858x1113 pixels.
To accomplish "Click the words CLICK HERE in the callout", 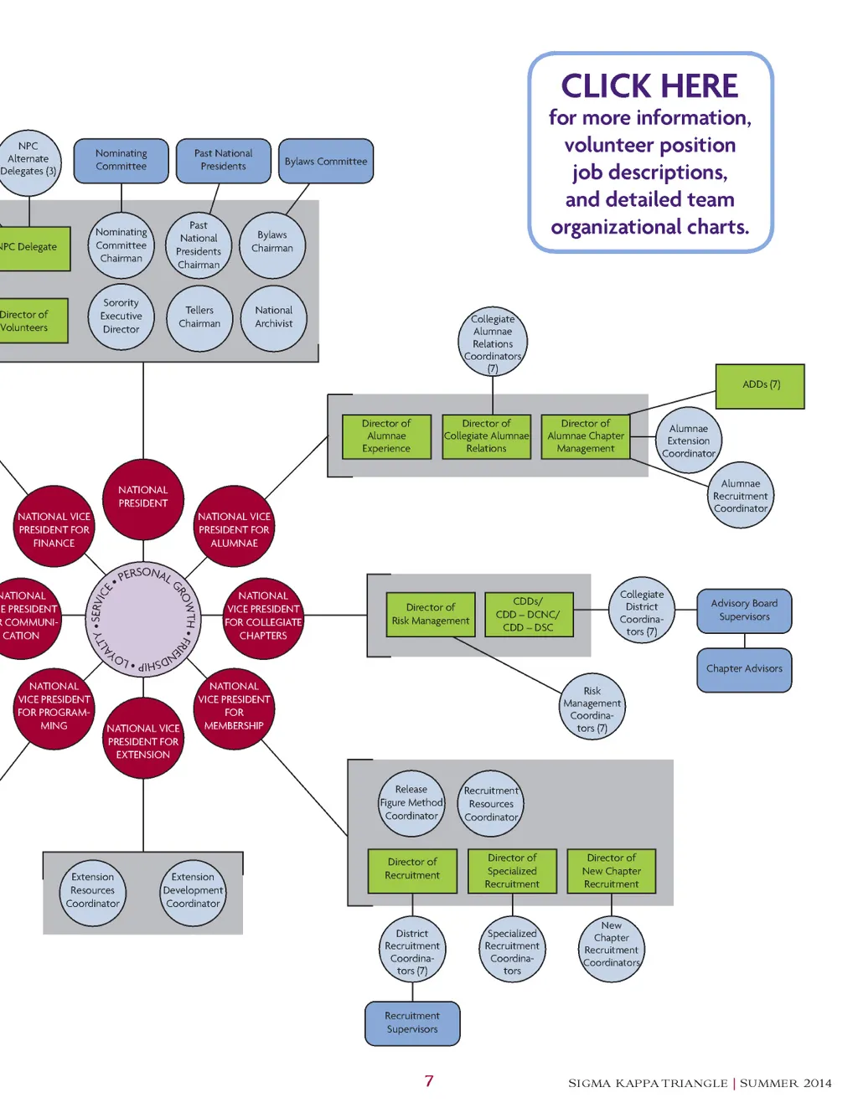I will [x=649, y=86].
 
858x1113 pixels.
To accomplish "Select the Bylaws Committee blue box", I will [x=325, y=161].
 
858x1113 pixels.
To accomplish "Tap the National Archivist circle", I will [x=274, y=317].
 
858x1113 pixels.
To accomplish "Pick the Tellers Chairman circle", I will [x=199, y=317].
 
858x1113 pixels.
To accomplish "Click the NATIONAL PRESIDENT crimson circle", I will [x=143, y=497].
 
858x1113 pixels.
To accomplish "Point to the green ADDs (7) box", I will [x=760, y=385].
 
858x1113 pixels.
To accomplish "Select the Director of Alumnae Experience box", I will [x=386, y=436].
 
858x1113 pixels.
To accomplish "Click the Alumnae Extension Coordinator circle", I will [x=689, y=441].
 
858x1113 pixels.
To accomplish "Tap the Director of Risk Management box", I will [x=431, y=614].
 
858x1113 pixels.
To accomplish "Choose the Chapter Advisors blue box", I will [x=744, y=669].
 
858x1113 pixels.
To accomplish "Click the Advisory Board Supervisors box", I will [x=744, y=611].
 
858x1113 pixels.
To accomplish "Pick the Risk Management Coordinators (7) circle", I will [x=592, y=709].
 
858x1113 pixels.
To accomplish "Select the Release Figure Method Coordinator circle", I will [x=411, y=803].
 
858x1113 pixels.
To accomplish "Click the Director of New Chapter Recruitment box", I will [x=611, y=871].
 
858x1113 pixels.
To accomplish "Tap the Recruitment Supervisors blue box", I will [x=412, y=1023].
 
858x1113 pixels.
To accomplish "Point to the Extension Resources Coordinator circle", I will [x=93, y=891].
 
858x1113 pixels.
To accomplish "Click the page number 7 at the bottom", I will [x=429, y=1081].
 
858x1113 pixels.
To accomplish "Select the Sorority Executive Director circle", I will [x=121, y=317].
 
